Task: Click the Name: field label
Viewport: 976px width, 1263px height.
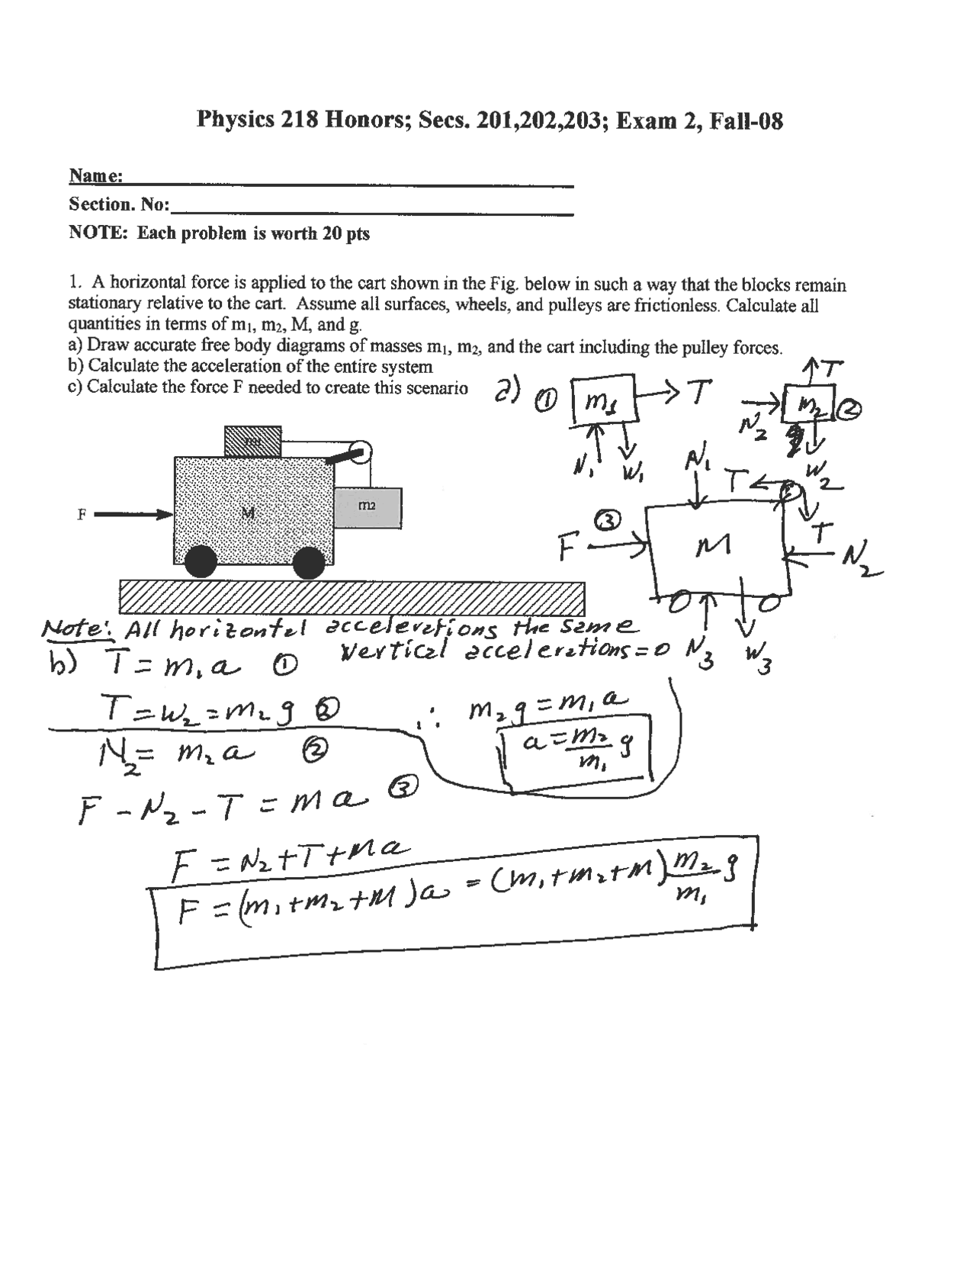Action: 96,176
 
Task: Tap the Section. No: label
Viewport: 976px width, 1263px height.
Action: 119,204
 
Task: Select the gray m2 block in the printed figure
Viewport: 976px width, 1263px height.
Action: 368,507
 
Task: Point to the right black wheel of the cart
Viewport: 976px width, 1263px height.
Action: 309,564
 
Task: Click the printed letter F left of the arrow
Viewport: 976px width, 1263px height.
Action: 82,514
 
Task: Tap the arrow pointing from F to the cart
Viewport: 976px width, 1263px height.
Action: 133,514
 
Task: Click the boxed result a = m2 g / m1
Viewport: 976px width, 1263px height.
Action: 578,751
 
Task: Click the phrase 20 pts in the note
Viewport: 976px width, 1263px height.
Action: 346,233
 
